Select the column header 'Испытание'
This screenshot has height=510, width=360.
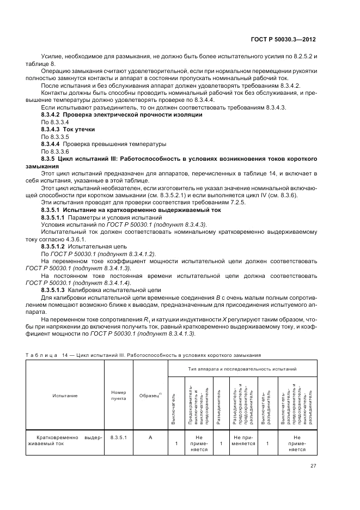point(65,396)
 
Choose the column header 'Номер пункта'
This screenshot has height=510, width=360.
point(118,396)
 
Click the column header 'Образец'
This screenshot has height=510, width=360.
point(150,396)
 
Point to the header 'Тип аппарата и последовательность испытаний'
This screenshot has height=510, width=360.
point(242,369)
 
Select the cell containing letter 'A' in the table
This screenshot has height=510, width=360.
point(150,437)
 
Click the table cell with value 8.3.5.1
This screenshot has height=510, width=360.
point(118,437)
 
